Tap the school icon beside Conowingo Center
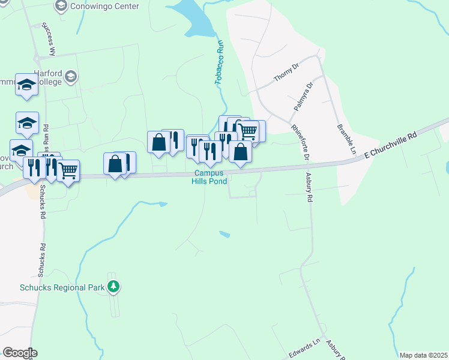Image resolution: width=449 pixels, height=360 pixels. (x=61, y=5)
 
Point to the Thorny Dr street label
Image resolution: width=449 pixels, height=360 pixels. (x=286, y=73)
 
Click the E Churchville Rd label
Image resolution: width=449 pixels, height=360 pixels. (x=390, y=146)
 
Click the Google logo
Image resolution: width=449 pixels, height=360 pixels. (x=19, y=353)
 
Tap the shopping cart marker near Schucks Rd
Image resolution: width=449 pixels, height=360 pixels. (x=68, y=170)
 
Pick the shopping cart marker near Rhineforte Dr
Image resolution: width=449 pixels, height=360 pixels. (x=248, y=130)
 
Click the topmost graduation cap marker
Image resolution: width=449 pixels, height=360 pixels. (x=26, y=85)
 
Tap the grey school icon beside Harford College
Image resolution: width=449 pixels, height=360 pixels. (x=71, y=76)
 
